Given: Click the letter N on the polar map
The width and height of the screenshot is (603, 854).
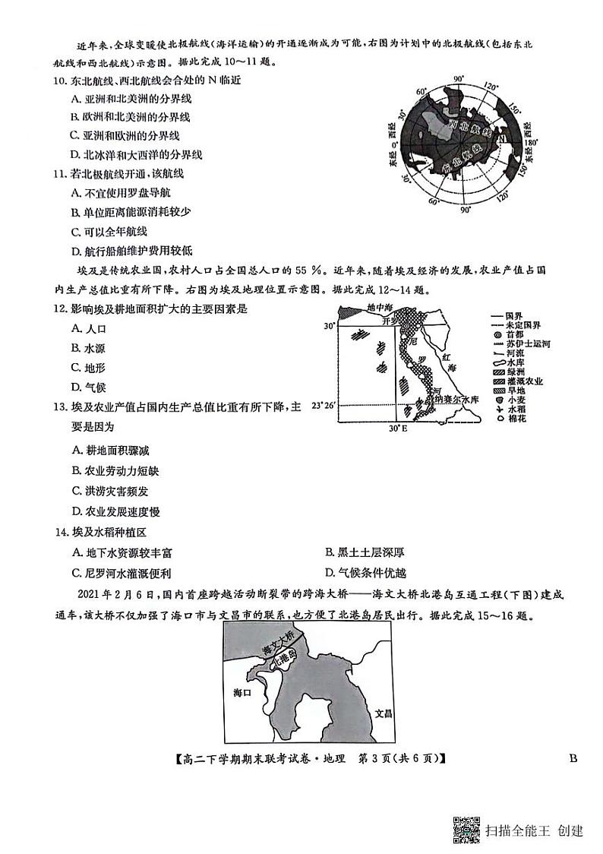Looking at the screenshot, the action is (x=502, y=140).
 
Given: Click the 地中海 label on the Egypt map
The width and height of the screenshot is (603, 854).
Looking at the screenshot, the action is (x=380, y=308).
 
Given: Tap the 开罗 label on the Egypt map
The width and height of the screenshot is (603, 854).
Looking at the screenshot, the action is (x=390, y=321).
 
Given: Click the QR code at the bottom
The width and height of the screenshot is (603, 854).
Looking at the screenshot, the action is (x=466, y=829).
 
